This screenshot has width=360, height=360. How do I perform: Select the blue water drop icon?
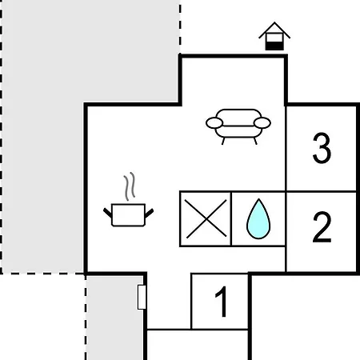[258, 218]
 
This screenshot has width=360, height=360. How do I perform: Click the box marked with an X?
[206, 218]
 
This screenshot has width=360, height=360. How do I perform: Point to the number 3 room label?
[322, 148]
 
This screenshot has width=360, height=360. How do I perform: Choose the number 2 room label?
[322, 227]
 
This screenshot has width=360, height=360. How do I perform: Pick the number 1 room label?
[222, 302]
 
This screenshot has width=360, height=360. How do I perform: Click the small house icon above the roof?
[274, 36]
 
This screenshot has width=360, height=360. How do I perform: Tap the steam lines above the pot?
[130, 186]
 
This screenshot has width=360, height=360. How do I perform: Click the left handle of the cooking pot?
[107, 213]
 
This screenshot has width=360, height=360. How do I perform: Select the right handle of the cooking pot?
[149, 213]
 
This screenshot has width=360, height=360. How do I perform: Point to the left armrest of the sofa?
[214, 123]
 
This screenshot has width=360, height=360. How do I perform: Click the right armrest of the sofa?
[262, 123]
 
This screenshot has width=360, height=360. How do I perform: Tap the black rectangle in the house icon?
[274, 46]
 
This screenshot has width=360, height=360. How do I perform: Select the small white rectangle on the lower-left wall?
[142, 298]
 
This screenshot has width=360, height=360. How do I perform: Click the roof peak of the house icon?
[274, 22]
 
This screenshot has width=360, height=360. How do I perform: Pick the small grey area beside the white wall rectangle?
[114, 318]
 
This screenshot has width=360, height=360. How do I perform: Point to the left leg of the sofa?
[223, 141]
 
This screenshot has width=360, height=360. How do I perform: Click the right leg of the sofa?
[255, 141]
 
